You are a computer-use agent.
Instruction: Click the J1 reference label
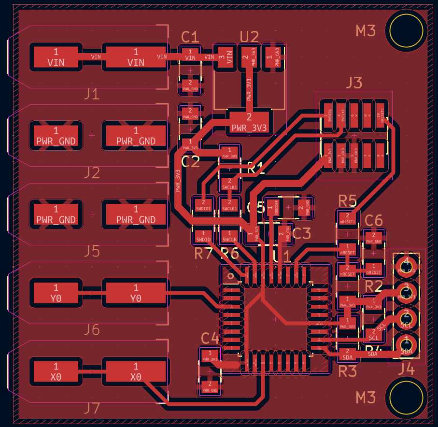(92, 94)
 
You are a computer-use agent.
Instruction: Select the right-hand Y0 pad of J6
(136, 293)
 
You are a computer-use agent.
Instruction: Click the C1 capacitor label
(190, 37)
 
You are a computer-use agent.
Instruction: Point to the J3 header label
(353, 83)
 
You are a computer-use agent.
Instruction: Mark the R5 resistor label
(347, 200)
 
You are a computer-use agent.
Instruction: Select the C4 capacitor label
(210, 338)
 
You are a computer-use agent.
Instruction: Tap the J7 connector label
(92, 409)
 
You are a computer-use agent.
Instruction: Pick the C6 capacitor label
(374, 220)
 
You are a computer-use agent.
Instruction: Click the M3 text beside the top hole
(366, 31)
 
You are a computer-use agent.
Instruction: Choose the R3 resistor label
(347, 371)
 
